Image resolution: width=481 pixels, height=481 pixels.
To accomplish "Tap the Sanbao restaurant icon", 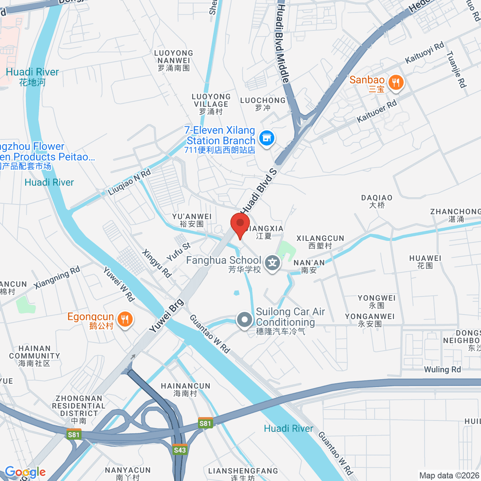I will coord(396,83).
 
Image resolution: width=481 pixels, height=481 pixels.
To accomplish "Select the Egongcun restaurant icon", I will coord(126,319).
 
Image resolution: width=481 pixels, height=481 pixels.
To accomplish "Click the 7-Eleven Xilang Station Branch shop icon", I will coord(266,138).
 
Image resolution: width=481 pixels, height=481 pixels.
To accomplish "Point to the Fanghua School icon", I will coord(273,263).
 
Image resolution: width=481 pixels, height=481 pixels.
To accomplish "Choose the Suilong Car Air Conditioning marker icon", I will coord(244,320).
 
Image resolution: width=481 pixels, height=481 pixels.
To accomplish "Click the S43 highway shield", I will coord(180,450).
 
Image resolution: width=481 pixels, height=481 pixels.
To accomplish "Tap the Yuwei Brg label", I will coord(166,316).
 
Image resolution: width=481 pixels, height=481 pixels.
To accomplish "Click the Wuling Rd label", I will coord(443,369).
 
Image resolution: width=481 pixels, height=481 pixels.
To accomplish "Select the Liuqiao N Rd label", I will coord(129,182).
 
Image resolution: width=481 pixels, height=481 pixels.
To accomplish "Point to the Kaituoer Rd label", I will coord(377,111).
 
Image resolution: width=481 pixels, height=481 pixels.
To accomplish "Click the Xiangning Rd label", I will coord(57,277).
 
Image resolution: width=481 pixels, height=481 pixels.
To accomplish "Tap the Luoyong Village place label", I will coord(211,104).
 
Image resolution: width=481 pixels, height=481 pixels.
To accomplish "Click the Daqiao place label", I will coord(377,201).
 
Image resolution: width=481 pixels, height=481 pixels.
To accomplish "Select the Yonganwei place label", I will coord(370,320).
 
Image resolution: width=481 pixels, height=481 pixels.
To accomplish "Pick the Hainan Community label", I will coord(34,356).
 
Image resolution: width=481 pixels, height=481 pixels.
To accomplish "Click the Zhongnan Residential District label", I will coord(79,410).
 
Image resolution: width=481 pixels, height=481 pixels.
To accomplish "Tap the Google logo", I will coord(25,472).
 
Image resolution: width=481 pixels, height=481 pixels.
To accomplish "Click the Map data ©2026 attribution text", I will coord(449,475).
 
